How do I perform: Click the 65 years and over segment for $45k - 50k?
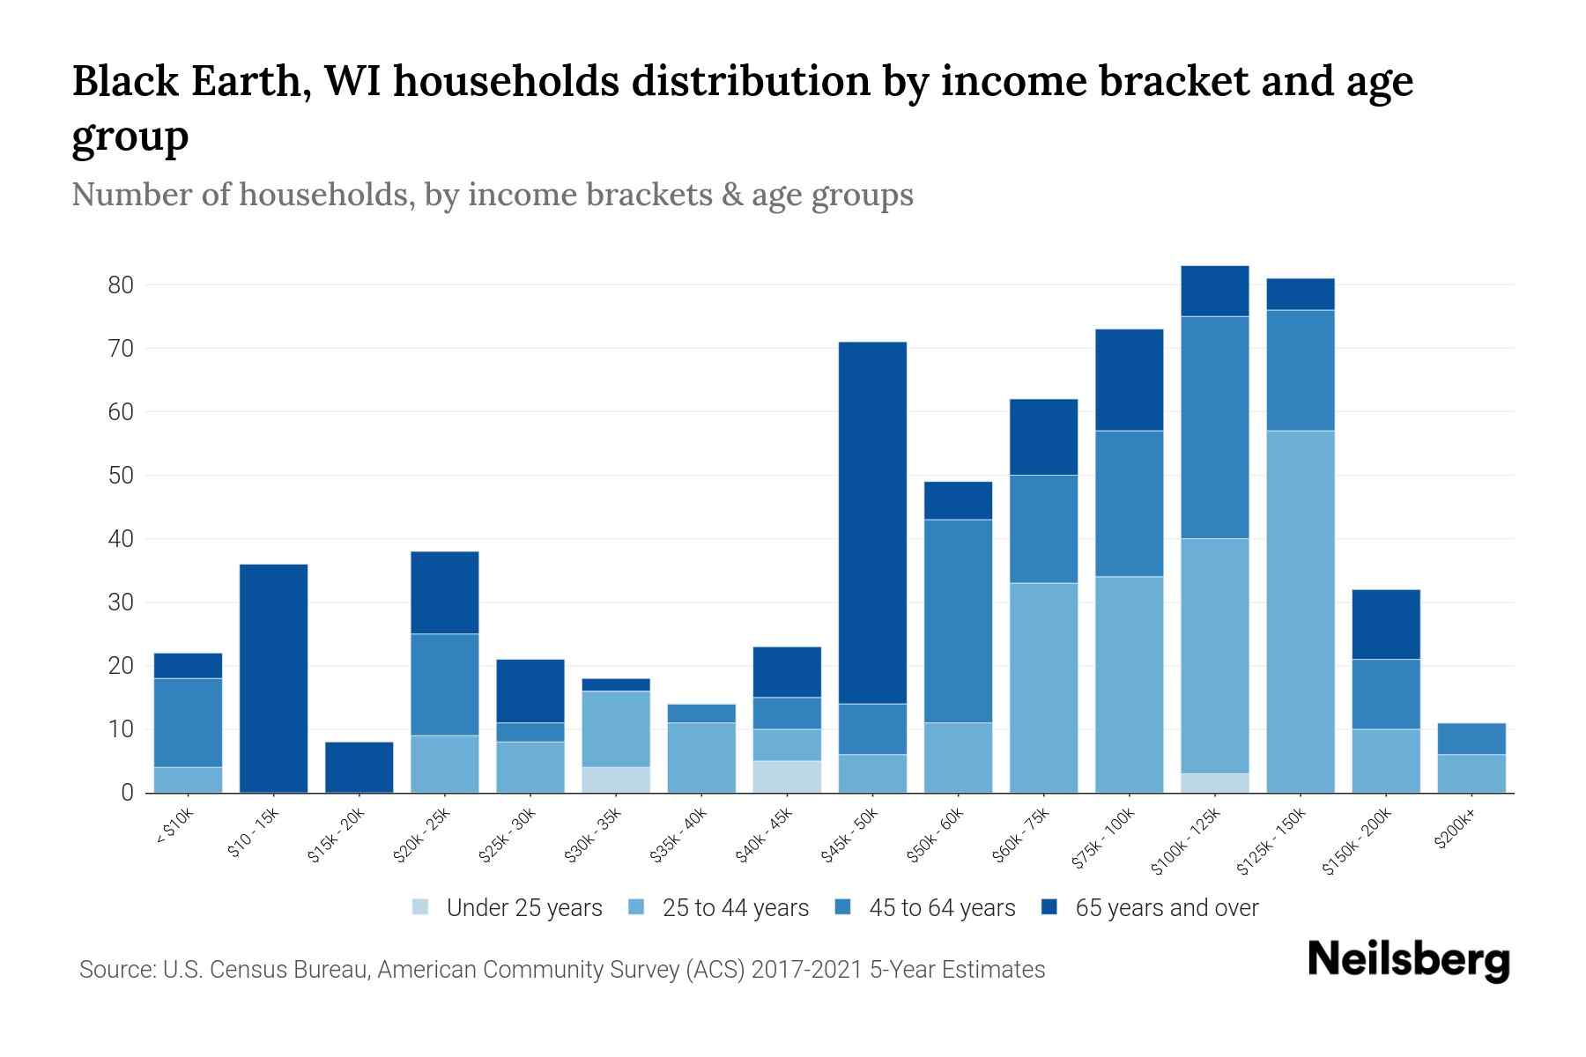(873, 522)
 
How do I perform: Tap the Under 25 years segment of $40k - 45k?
(788, 776)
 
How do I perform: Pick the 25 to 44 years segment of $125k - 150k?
(1301, 611)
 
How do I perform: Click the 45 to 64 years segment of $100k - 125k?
(1215, 427)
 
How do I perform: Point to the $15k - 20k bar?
(359, 767)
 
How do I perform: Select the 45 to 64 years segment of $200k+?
(1471, 739)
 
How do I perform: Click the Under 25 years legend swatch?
(421, 907)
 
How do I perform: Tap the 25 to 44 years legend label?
(735, 908)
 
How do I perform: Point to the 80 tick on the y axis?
(121, 285)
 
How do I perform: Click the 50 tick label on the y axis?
(121, 476)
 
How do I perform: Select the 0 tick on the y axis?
(127, 793)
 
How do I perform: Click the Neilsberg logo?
(1408, 959)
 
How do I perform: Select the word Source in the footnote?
(115, 970)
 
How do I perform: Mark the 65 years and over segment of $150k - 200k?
(1386, 625)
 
